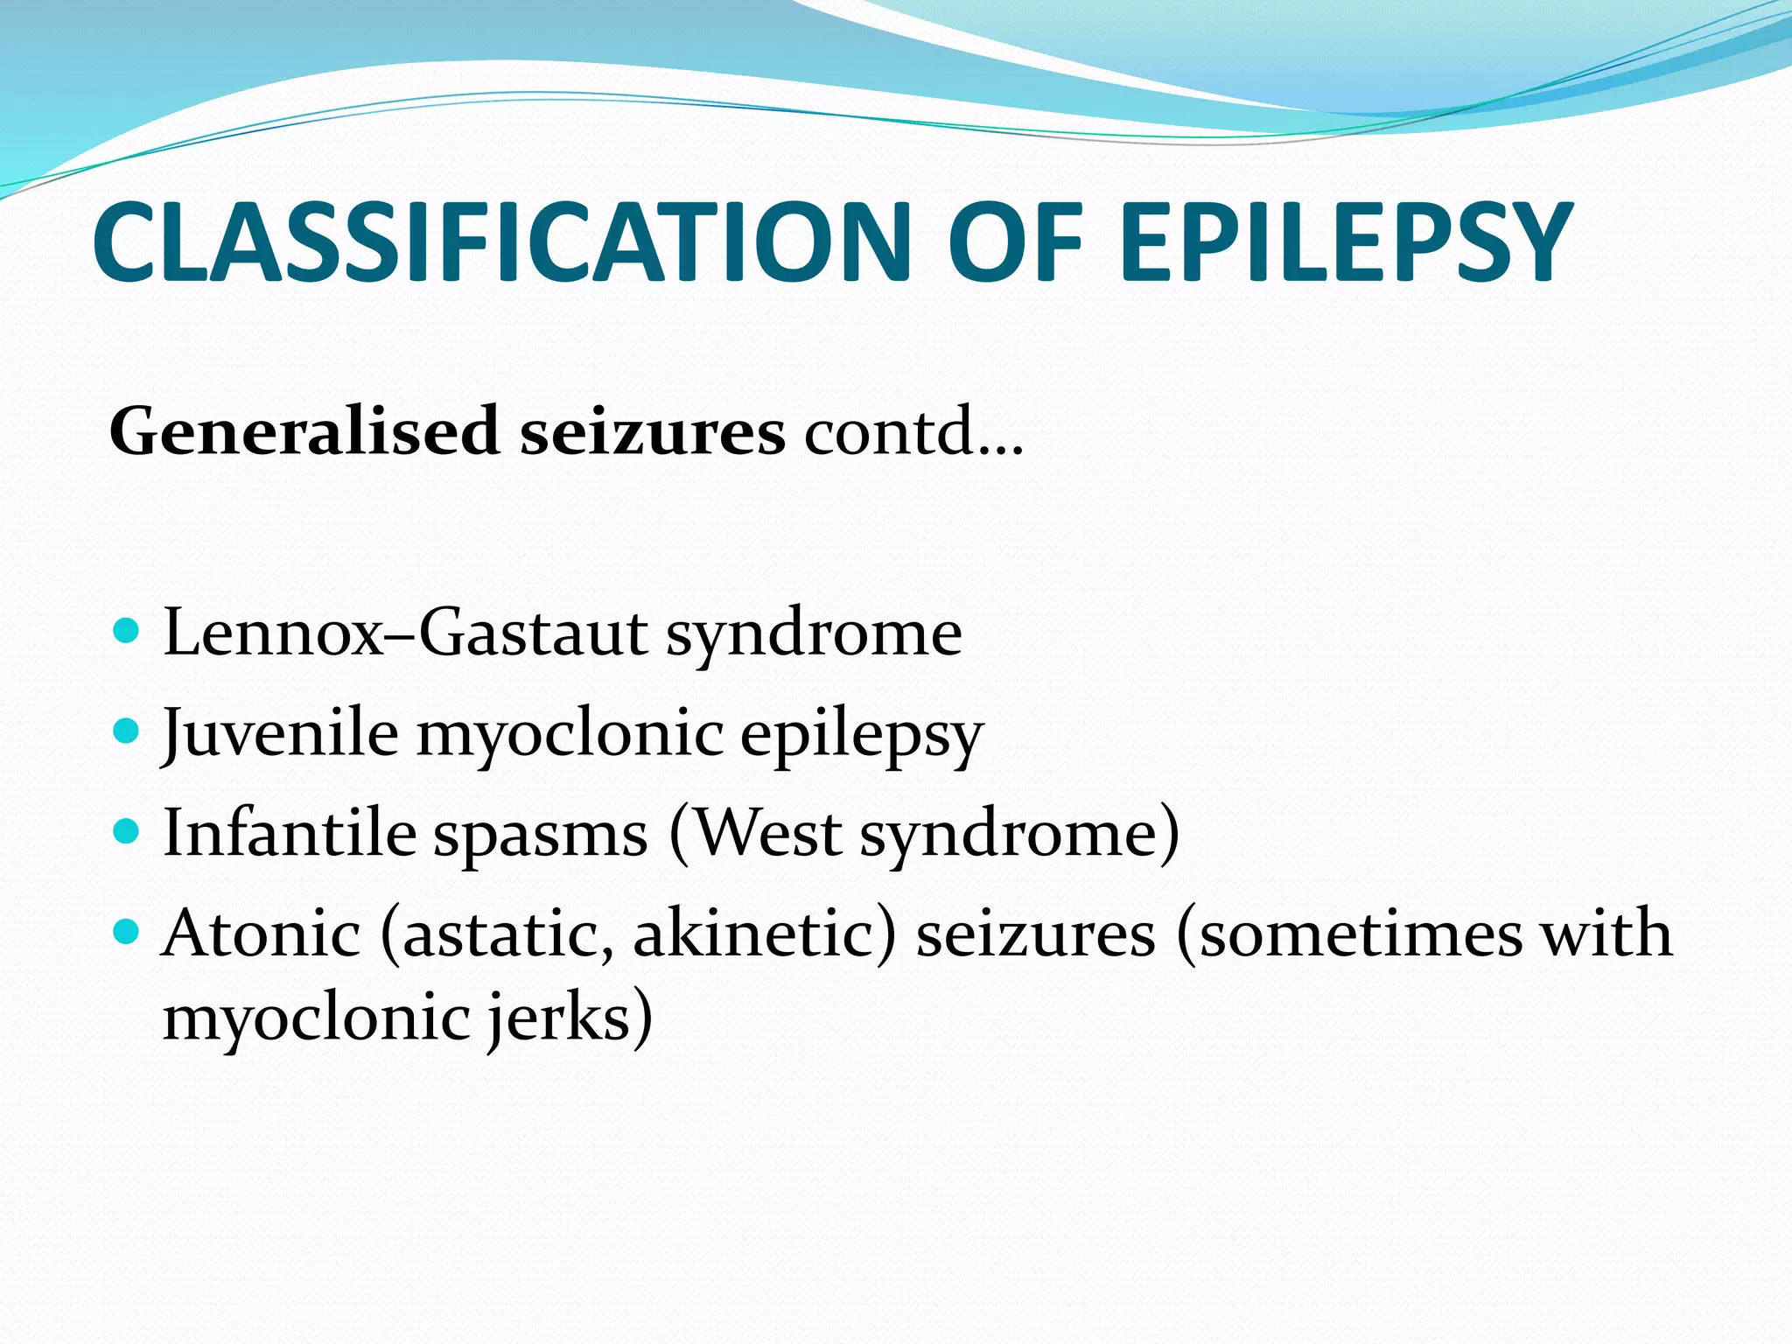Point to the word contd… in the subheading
click(913, 431)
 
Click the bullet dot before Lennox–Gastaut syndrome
click(128, 630)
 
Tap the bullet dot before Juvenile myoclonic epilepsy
click(128, 730)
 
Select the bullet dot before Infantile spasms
click(128, 830)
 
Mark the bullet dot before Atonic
click(128, 931)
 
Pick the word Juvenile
click(281, 733)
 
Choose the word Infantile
click(290, 833)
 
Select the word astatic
click(499, 934)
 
